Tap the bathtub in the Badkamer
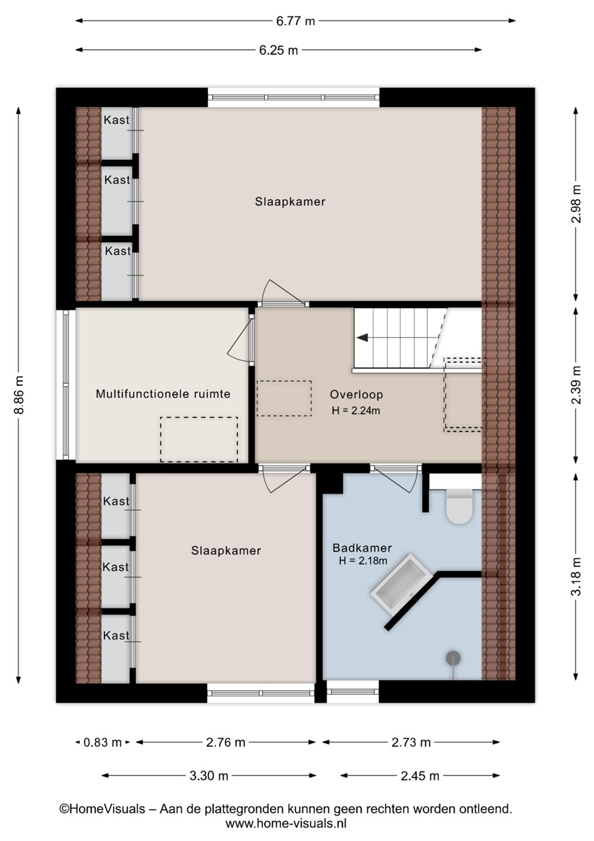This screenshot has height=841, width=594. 401,585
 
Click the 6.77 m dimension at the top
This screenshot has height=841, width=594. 295,21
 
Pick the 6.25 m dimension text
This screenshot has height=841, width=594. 278,50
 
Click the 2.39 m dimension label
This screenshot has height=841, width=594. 576,385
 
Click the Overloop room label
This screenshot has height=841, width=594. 357,395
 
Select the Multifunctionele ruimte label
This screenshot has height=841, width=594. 163,394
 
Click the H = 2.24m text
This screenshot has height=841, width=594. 356,411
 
